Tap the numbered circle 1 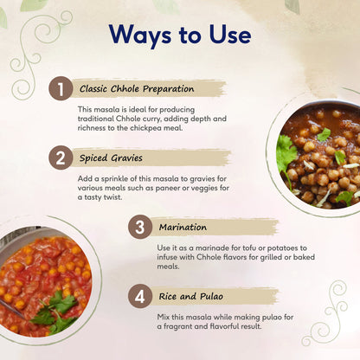coord(59,88)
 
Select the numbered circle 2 coord(59,158)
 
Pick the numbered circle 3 coord(139,228)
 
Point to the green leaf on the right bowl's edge coord(285,152)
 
